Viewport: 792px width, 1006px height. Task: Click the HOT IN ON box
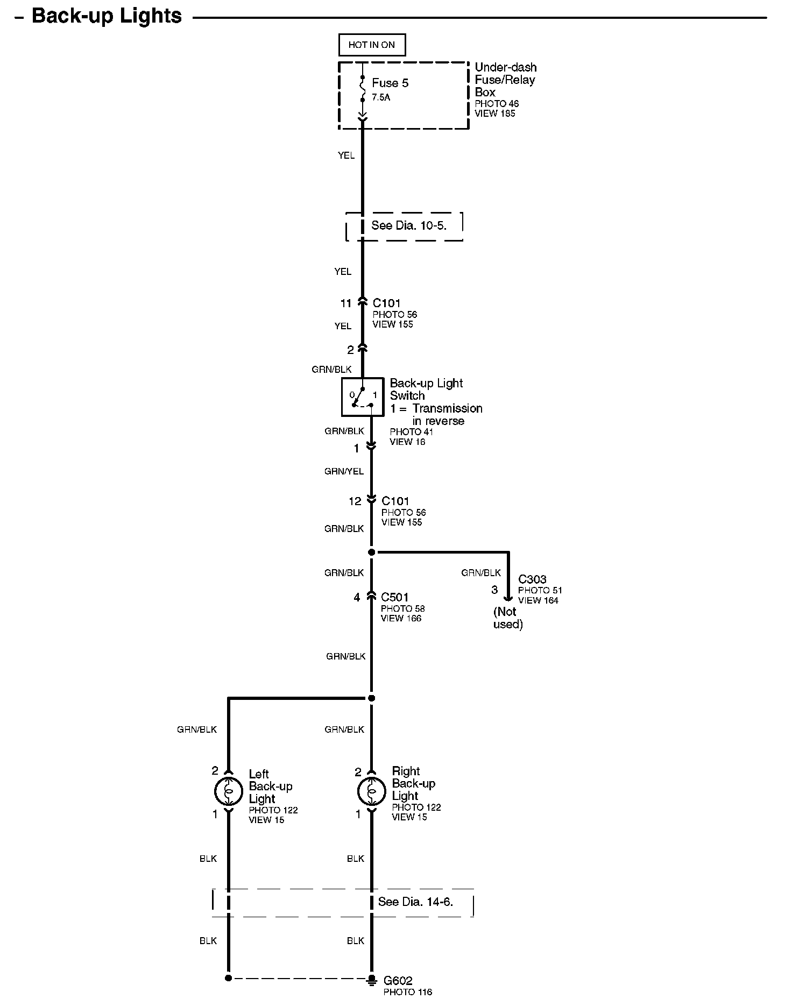pyautogui.click(x=371, y=45)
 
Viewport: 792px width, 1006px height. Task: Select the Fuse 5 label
pyautogui.click(x=390, y=83)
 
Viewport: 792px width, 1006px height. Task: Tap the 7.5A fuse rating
pyautogui.click(x=381, y=98)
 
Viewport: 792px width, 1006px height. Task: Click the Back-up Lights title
pyautogui.click(x=107, y=16)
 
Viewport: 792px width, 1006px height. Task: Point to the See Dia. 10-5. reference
pyautogui.click(x=409, y=225)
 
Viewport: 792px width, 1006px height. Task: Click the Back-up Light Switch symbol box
pyautogui.click(x=362, y=397)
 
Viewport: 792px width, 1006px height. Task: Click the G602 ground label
pyautogui.click(x=398, y=981)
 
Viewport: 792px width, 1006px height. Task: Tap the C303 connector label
pyautogui.click(x=532, y=579)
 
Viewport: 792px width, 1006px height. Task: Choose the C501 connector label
pyautogui.click(x=395, y=597)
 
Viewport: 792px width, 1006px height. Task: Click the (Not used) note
pyautogui.click(x=507, y=618)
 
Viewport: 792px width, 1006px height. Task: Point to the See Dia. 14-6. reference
pyautogui.click(x=415, y=902)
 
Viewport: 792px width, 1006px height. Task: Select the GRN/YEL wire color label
pyautogui.click(x=344, y=471)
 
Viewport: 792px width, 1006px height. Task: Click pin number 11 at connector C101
pyautogui.click(x=345, y=303)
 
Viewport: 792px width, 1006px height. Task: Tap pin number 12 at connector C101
pyautogui.click(x=355, y=501)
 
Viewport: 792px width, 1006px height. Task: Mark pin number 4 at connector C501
pyautogui.click(x=357, y=597)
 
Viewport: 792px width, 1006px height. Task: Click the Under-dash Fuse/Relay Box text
pyautogui.click(x=505, y=80)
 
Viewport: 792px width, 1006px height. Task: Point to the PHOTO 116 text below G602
pyautogui.click(x=407, y=992)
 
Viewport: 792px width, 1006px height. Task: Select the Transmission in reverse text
pyautogui.click(x=447, y=415)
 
